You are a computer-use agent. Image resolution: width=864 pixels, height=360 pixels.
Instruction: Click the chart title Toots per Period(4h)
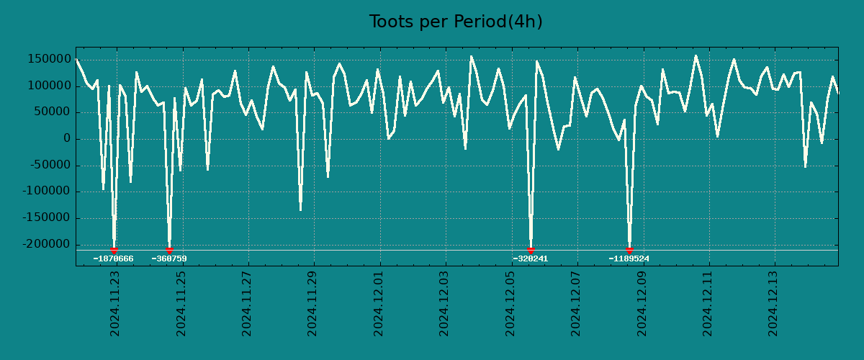pyautogui.click(x=456, y=22)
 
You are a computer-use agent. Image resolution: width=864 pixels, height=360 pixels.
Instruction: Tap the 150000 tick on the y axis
pyautogui.click(x=49, y=60)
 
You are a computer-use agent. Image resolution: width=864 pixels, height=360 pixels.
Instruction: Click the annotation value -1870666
pyautogui.click(x=113, y=258)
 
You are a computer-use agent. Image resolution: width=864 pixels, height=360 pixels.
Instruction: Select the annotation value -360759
pyautogui.click(x=169, y=258)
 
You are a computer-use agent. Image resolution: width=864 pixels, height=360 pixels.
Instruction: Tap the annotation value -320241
pyautogui.click(x=531, y=258)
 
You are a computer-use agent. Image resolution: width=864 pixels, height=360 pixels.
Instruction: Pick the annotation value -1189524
pyautogui.click(x=629, y=258)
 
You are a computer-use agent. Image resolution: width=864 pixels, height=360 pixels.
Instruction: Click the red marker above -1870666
pyautogui.click(x=114, y=250)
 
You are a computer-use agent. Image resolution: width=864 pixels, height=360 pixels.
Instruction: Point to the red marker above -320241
pyautogui.click(x=531, y=250)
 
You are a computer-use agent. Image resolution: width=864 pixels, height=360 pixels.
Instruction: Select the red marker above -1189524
pyautogui.click(x=629, y=250)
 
